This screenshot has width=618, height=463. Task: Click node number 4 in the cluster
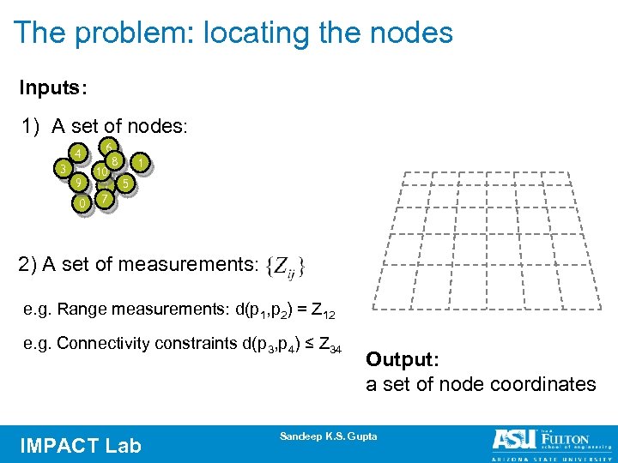point(78,153)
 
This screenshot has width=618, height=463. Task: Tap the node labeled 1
point(140,160)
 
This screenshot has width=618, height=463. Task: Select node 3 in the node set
point(62,169)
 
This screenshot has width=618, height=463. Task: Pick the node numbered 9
point(78,183)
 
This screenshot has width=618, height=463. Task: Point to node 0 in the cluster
point(81,204)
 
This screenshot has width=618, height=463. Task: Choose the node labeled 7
point(104,199)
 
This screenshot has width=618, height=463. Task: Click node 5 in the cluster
point(125,183)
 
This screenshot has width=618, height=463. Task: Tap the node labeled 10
point(101,172)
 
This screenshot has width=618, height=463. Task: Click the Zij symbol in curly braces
point(287,265)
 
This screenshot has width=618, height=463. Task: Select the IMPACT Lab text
point(79,445)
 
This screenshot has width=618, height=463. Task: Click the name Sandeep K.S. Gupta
point(328,436)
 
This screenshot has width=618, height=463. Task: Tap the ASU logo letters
point(513,439)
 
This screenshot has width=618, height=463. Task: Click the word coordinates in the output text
point(543,384)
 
